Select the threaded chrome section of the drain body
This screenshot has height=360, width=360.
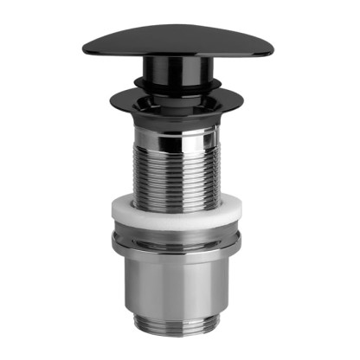[x=177, y=169]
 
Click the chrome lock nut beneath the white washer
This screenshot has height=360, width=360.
[x=177, y=246]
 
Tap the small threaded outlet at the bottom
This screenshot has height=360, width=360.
[x=177, y=332]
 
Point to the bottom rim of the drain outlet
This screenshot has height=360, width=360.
[x=177, y=344]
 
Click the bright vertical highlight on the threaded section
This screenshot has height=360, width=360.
[x=156, y=169]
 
